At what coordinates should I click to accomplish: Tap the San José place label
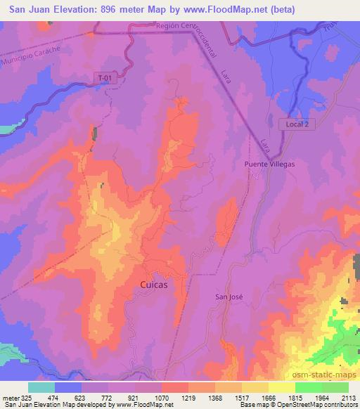228,297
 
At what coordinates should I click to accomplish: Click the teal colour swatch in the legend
41,387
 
